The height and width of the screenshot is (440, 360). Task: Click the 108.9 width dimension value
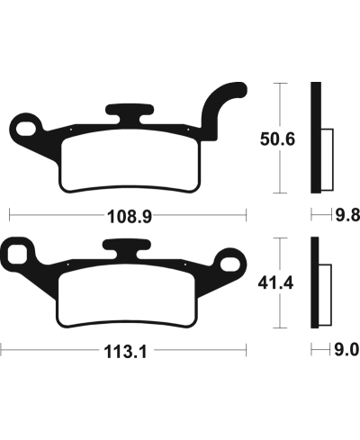[127, 217]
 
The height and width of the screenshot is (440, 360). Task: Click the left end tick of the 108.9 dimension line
[9, 216]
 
